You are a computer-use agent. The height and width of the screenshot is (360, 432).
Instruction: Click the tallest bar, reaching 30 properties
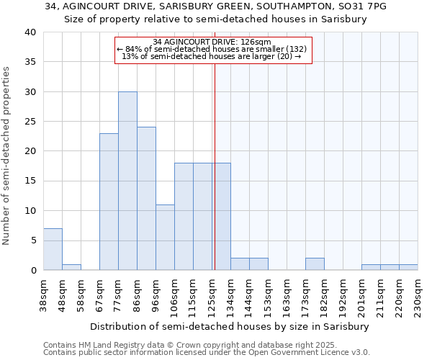[127, 181]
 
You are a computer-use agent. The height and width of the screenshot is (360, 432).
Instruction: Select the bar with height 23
[109, 202]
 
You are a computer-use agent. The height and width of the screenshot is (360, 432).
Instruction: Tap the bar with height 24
[146, 199]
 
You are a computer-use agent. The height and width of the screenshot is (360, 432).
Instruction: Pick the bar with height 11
[165, 238]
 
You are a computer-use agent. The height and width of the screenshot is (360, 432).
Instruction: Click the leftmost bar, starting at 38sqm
[53, 249]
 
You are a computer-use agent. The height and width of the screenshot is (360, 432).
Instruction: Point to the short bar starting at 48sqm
[71, 267]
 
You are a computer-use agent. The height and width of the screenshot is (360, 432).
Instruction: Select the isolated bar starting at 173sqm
[315, 264]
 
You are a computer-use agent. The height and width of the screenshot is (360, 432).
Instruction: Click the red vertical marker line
[215, 166]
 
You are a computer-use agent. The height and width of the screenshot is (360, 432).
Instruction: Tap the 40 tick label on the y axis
[30, 32]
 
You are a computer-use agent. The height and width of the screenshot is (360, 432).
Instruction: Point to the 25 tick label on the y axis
[30, 122]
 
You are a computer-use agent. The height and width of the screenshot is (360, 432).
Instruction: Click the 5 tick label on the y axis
[32, 240]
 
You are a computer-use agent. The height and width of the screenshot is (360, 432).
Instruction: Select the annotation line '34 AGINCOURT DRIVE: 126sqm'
[212, 42]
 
